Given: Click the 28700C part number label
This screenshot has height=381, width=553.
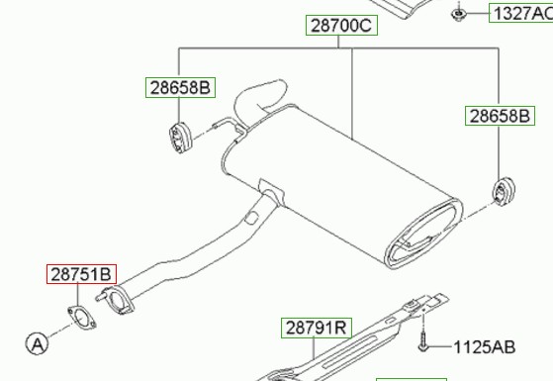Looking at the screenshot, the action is pos(341,26).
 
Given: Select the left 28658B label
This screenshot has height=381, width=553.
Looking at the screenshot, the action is pos(180,87).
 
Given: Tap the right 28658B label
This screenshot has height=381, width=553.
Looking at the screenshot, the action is pos(500,116).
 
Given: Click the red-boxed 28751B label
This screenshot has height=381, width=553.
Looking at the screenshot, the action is pos(81,274).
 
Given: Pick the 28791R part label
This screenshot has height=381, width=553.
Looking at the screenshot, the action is pos(317,328).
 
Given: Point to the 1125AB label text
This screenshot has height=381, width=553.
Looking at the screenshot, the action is pos(484,347).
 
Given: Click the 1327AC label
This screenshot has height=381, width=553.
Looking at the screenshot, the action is pos(522,14).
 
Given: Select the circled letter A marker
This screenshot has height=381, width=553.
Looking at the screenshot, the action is pos(37,343).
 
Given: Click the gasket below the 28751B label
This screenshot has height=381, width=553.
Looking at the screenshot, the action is pos(81,318).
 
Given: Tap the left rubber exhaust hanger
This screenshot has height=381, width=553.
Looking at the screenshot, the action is pos(179,138).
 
